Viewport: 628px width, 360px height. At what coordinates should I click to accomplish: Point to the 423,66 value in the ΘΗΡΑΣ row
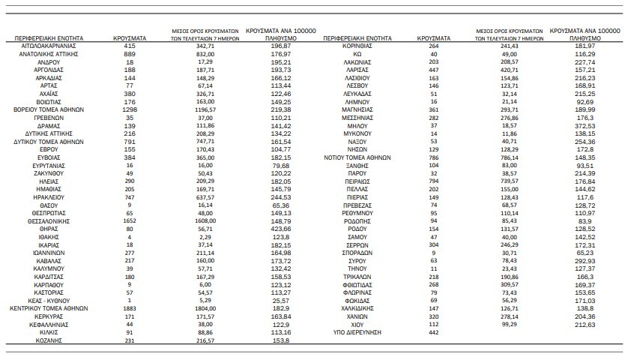273,230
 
